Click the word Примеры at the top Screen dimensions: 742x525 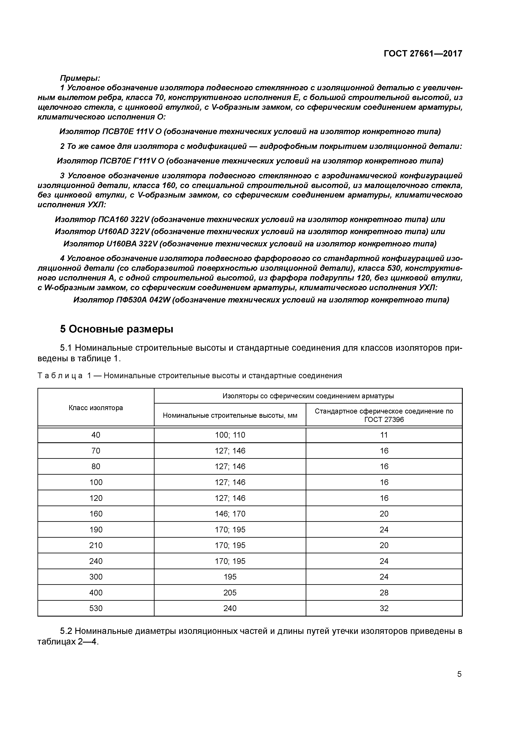pyautogui.click(x=80, y=78)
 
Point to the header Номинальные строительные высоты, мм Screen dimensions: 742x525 pyautogui.click(x=230, y=415)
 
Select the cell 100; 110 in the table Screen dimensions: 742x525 pyautogui.click(x=230, y=435)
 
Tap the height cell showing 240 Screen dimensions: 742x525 pyautogui.click(x=230, y=609)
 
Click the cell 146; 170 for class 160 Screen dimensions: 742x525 pyautogui.click(x=230, y=514)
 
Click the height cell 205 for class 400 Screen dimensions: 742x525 pyautogui.click(x=230, y=593)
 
